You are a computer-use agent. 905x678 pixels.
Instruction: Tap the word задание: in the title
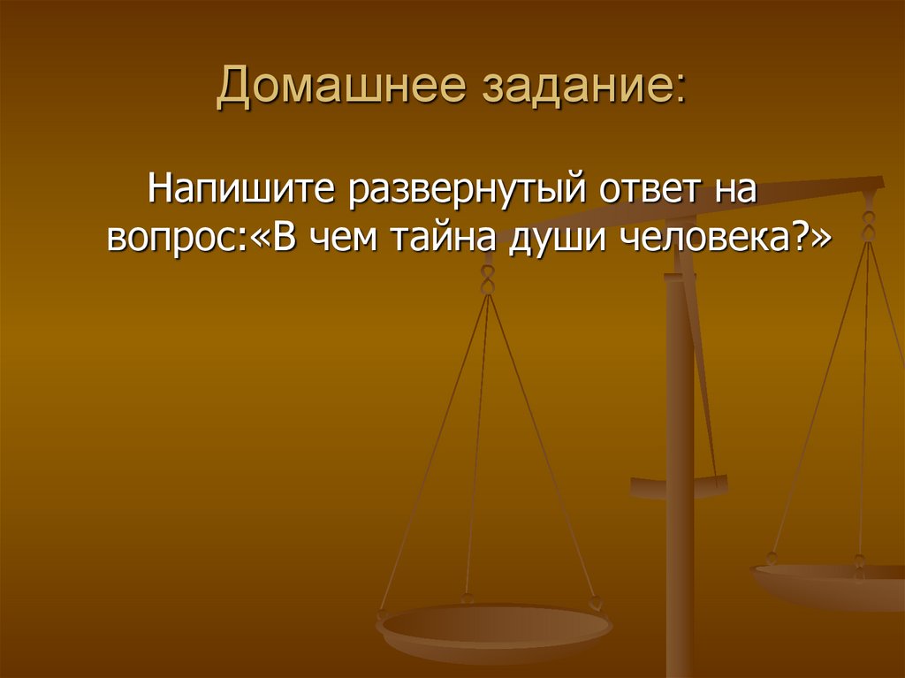coord(583,88)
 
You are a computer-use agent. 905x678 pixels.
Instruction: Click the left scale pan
coord(494,629)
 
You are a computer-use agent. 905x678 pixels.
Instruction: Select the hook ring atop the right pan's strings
coord(869,225)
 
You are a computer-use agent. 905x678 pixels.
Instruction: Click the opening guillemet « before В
coord(260,237)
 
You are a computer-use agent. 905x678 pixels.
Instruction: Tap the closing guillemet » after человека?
coord(821,237)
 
